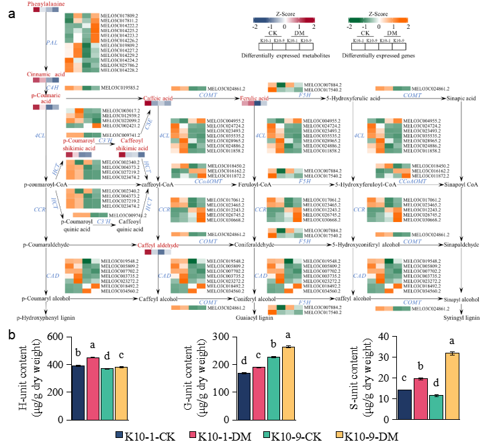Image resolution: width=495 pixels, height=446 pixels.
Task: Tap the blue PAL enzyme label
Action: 51,42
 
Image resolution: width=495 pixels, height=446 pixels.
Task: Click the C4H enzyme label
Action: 52,88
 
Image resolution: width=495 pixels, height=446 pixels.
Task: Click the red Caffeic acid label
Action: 158,98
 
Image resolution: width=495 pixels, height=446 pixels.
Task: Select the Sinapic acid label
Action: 462,99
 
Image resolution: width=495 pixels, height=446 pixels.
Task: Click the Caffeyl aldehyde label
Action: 158,246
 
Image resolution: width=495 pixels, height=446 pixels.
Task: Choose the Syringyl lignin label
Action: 463,317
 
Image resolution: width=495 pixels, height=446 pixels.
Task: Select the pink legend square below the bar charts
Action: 193,435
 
